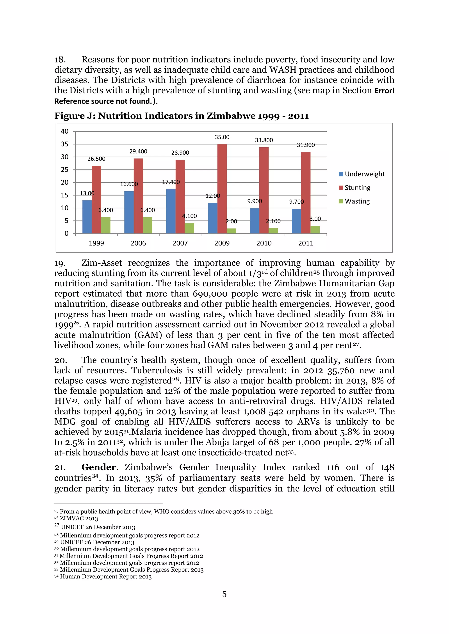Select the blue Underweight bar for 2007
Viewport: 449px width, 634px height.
[x=171, y=211]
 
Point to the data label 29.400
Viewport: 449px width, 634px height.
[x=138, y=151]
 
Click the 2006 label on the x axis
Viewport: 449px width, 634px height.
[x=138, y=243]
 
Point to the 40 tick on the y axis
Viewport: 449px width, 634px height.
[x=65, y=131]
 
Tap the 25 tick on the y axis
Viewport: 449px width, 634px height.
[x=65, y=169]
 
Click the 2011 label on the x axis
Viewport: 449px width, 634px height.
[x=306, y=243]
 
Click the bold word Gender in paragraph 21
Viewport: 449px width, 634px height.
[x=99, y=467]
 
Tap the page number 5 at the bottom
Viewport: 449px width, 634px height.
[x=224, y=594]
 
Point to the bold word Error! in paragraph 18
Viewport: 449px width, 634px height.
[x=384, y=91]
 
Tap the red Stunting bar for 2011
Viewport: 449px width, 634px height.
[x=306, y=192]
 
